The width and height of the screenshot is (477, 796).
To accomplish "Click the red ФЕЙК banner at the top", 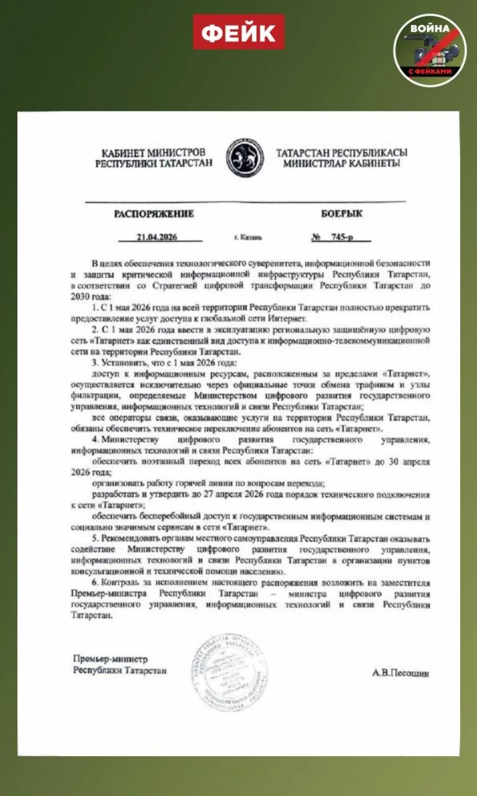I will click(x=238, y=32).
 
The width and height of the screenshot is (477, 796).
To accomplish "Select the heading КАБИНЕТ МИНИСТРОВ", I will click(x=154, y=152).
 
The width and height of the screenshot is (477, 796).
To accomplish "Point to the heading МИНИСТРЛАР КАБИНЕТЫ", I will click(x=341, y=164).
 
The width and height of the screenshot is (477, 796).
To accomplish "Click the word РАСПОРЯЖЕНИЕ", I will click(x=154, y=214).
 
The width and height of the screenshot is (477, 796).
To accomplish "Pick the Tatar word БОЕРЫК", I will click(x=341, y=214).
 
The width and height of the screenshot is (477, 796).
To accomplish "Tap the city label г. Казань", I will click(x=248, y=238).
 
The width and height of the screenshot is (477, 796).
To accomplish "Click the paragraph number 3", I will click(x=94, y=362).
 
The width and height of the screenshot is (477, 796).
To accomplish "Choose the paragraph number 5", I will click(x=94, y=538).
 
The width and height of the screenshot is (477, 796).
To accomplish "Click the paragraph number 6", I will click(x=94, y=583).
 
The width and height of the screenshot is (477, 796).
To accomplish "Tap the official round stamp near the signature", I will click(x=230, y=673).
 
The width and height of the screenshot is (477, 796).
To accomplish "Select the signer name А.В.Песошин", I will click(x=401, y=673).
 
